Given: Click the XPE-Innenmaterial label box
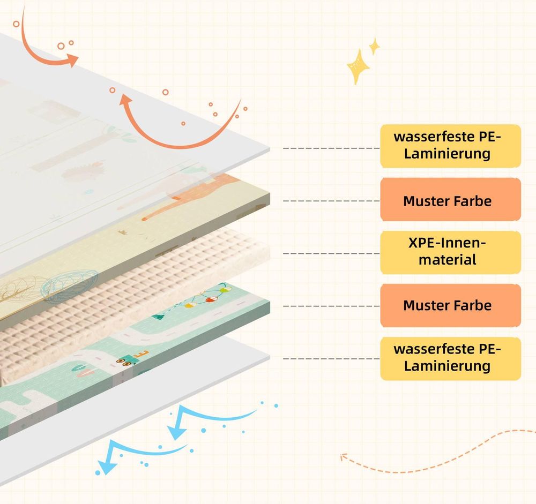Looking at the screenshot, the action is click(x=451, y=252).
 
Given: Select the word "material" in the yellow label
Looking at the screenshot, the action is click(x=448, y=260).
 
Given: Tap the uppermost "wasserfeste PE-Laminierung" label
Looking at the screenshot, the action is click(x=451, y=146).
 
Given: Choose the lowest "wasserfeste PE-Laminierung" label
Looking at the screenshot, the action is click(x=451, y=358).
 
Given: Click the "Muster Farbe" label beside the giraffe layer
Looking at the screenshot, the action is click(x=451, y=199).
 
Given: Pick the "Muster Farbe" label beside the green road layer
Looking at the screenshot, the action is click(x=451, y=305).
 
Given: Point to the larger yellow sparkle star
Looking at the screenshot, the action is click(x=358, y=66).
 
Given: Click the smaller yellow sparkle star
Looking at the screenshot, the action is click(x=375, y=46).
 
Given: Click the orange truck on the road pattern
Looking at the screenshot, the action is click(x=132, y=357).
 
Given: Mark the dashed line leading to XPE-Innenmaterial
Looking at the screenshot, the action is click(x=331, y=253).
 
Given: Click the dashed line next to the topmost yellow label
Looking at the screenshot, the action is click(x=331, y=148).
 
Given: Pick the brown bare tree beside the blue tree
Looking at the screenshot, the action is click(x=17, y=289).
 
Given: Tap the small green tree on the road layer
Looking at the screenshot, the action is click(x=158, y=317).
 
